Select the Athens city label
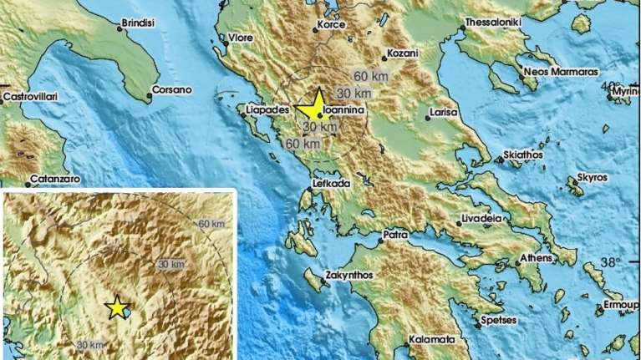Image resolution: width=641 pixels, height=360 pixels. click(x=535, y=258)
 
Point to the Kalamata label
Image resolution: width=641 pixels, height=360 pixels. click(x=432, y=340)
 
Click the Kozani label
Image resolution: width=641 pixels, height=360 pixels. click(x=400, y=53)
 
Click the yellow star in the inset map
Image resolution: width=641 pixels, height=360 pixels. click(x=117, y=308)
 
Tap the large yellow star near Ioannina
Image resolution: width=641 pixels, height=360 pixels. click(x=313, y=106)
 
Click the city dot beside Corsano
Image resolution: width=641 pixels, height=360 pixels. click(x=150, y=97)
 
